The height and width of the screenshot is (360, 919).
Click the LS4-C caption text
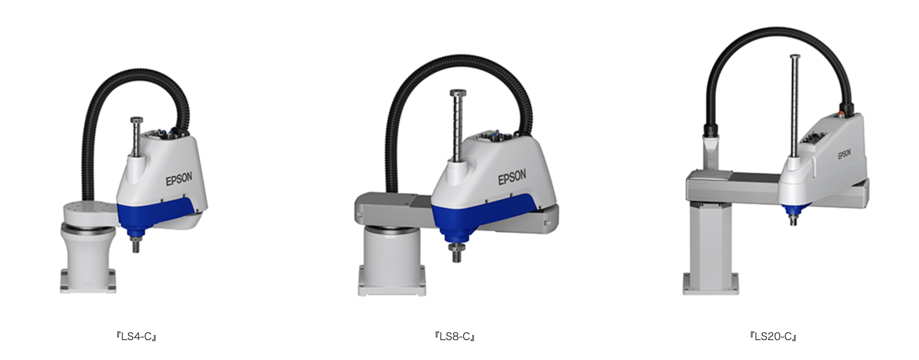pyautogui.click(x=137, y=337)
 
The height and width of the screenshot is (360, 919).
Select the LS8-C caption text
pyautogui.click(x=455, y=337)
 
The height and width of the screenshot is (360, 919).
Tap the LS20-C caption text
pyautogui.click(x=773, y=337)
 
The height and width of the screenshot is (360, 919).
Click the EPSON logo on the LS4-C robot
pyautogui.click(x=179, y=178)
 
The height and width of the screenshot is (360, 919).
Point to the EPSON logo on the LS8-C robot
pyautogui.click(x=512, y=177)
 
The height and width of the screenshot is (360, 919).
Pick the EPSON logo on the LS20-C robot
pyautogui.click(x=845, y=154)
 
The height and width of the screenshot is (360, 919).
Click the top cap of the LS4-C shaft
pyautogui.click(x=137, y=121)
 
